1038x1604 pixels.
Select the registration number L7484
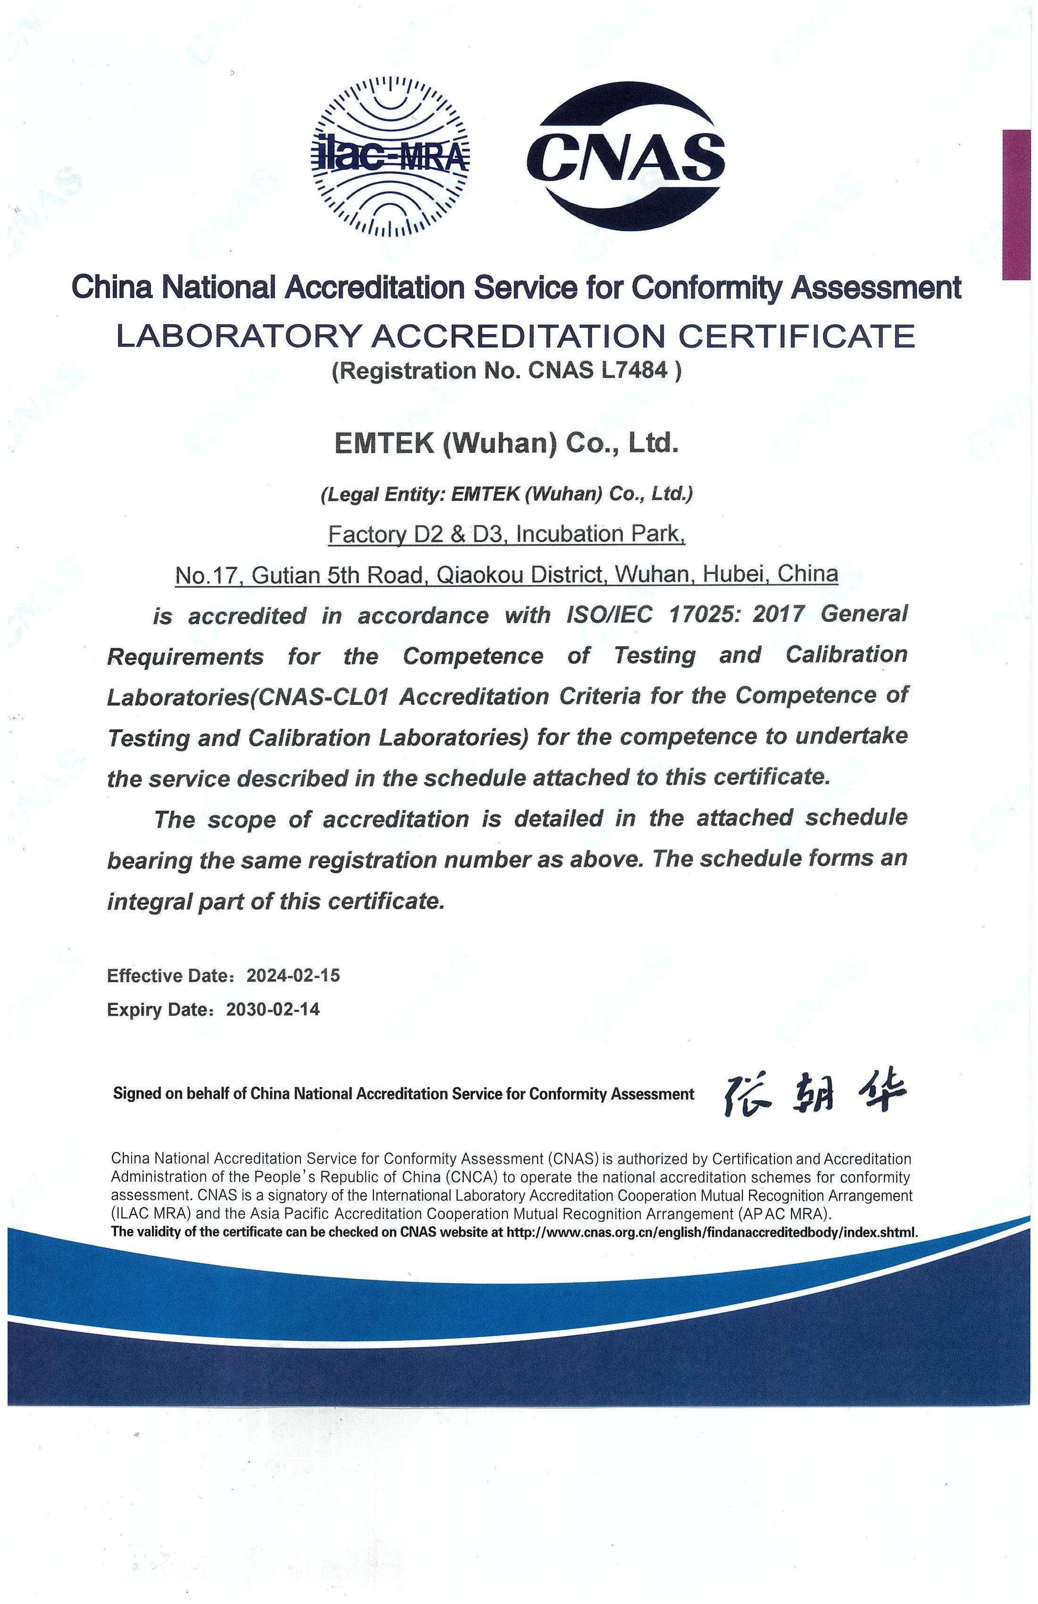(x=637, y=370)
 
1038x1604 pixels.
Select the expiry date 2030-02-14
(x=273, y=1009)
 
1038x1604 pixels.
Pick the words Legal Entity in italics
(x=383, y=495)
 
